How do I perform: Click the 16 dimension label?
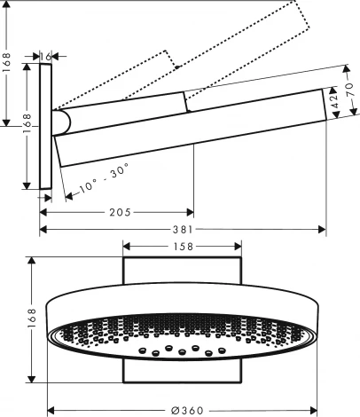(x=46, y=55)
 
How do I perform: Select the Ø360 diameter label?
(x=182, y=409)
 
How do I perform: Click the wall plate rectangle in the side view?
(x=45, y=125)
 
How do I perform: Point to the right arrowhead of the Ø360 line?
(x=315, y=409)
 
